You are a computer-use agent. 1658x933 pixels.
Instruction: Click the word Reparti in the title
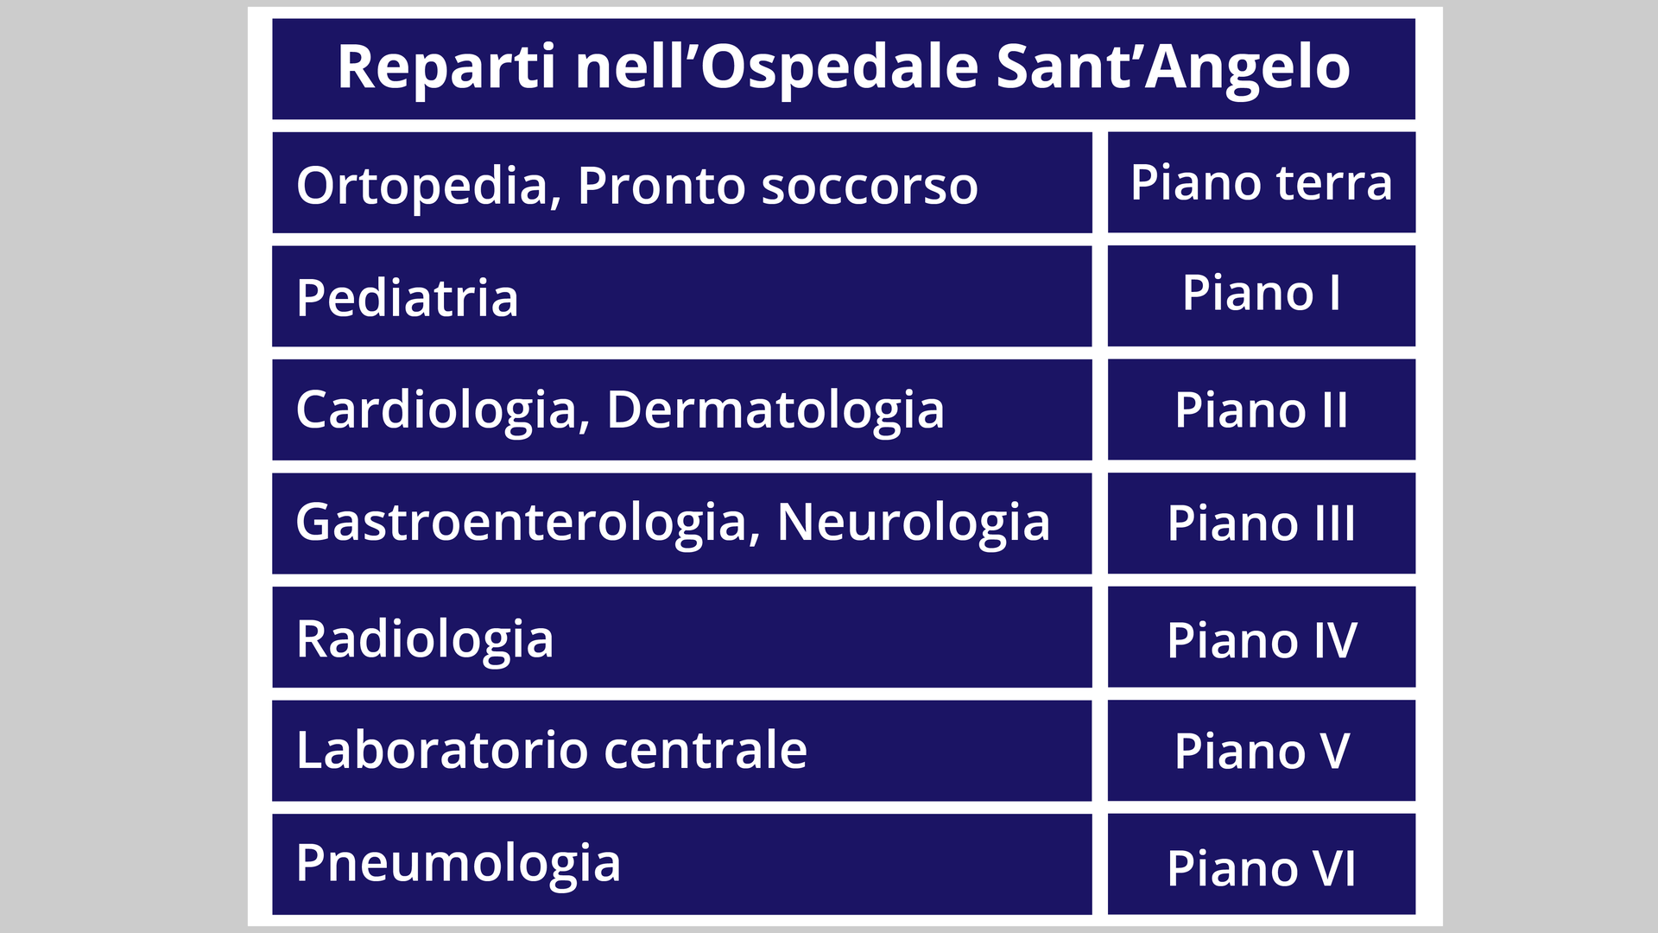point(446,68)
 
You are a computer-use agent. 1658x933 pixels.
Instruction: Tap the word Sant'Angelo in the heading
point(1173,68)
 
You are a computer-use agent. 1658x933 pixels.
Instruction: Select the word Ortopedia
point(428,187)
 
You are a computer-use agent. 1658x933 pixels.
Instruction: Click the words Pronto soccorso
point(777,186)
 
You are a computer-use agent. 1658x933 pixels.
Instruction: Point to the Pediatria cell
point(682,296)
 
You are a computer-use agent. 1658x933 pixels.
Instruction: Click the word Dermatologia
point(775,410)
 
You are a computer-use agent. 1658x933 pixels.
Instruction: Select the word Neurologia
point(914,524)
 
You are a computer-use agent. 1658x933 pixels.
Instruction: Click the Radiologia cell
point(682,638)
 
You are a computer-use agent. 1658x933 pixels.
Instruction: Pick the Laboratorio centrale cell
point(682,751)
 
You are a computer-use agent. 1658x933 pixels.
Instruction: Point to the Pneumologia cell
point(682,864)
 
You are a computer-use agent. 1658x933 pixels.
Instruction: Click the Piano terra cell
point(1262,182)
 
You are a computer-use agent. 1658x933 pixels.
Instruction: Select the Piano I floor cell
point(1262,296)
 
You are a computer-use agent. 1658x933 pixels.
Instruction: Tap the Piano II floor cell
point(1262,409)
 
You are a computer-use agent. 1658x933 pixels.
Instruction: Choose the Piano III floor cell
point(1262,524)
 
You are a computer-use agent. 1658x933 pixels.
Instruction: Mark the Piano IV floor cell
point(1262,638)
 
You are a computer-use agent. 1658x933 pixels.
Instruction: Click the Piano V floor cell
point(1262,751)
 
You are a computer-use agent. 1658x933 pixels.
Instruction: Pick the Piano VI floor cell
point(1262,864)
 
